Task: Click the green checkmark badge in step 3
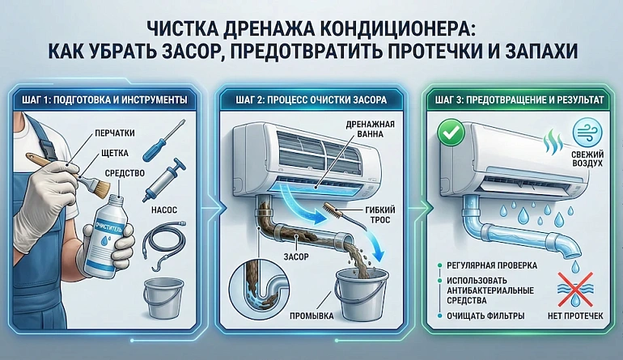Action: (451, 133)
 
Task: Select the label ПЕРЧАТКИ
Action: (114, 133)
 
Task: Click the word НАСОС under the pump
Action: (164, 210)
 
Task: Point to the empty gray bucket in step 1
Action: (163, 298)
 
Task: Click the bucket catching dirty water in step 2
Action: (361, 294)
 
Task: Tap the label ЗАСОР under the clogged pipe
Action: (296, 256)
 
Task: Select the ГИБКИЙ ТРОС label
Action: (379, 215)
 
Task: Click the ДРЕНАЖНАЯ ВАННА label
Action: (370, 129)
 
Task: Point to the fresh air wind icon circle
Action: (587, 133)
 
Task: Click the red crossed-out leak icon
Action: (575, 290)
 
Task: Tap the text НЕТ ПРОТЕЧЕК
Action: (575, 316)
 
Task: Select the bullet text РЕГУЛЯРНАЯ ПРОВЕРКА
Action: (492, 265)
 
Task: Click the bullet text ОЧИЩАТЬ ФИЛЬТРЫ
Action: (485, 316)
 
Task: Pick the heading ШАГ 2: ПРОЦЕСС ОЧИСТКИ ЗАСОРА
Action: (311, 100)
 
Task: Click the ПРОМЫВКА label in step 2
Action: (311, 316)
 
